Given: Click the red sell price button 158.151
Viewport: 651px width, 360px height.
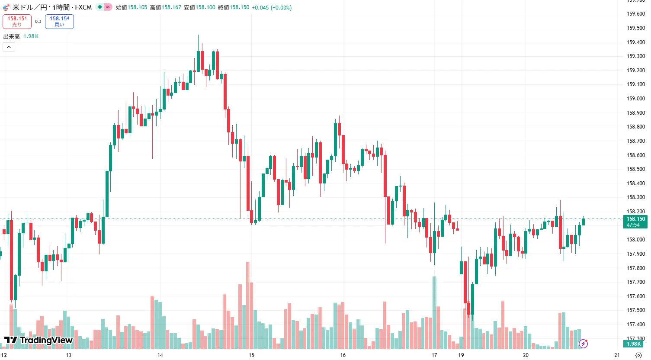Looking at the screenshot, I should tap(17, 22).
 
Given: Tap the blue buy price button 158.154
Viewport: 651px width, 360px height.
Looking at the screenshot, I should tap(59, 22).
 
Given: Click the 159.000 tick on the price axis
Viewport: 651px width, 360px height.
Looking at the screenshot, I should tap(636, 99).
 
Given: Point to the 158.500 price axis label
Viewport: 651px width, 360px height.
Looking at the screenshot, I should tap(636, 169).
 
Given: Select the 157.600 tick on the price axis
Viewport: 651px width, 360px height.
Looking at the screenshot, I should tap(636, 296).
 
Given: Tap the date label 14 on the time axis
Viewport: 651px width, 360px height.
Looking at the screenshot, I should tap(160, 355).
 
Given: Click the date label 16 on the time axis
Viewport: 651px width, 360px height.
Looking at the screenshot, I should tap(343, 355).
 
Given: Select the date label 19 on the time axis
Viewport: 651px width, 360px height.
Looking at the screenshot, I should tap(461, 355).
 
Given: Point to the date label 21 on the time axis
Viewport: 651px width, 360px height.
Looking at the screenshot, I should tap(617, 355).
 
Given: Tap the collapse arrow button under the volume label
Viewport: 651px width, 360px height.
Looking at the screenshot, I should tap(9, 47).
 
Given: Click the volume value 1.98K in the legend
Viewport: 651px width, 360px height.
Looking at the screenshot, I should tap(31, 36).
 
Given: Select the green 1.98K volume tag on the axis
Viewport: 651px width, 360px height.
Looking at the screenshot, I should tap(634, 344).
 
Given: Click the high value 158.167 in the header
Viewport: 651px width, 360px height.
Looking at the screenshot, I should tap(171, 7).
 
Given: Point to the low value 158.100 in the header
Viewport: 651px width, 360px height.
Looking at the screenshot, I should tap(205, 7).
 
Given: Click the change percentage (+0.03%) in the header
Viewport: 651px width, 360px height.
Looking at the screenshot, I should tap(281, 7).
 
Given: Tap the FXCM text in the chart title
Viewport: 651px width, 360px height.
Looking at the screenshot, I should tap(83, 7).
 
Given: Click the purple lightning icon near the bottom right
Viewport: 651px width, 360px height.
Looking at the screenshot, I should tap(583, 344).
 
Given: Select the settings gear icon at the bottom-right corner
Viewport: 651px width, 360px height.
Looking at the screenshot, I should tap(638, 355).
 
